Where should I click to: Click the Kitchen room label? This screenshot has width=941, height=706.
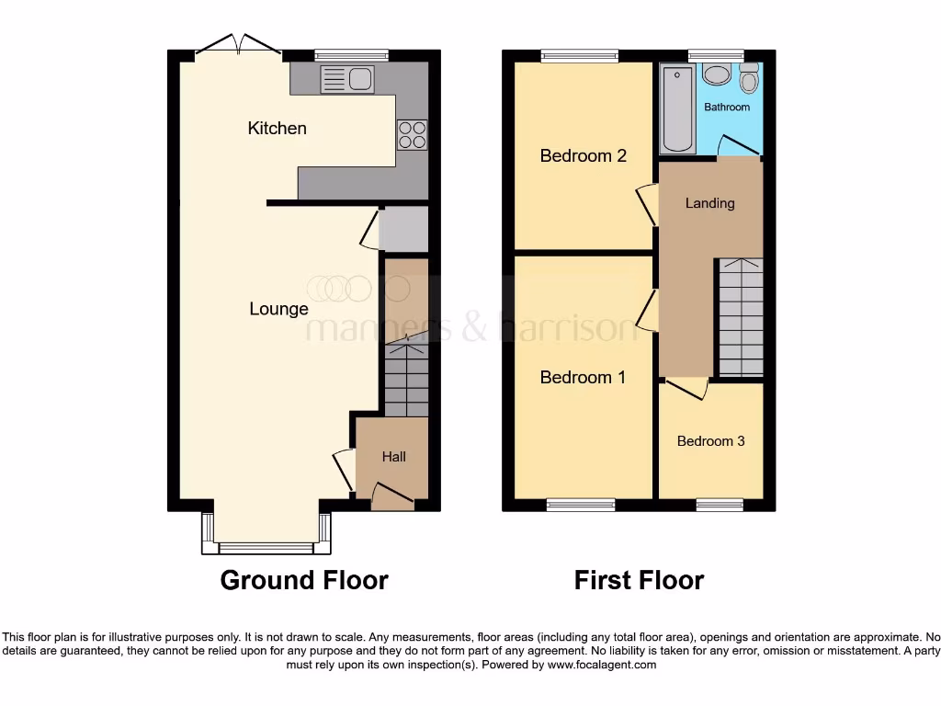pos(277,128)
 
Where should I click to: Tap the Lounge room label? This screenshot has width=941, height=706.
pos(278,309)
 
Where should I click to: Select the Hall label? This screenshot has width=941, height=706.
pos(394,456)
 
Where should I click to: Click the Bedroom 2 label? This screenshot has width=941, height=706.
pos(583,155)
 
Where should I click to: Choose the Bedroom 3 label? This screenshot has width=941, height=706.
pos(710,441)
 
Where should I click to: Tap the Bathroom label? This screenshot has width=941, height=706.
pos(726,107)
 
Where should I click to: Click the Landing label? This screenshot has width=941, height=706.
pos(709,203)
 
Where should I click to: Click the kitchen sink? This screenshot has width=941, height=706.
pos(346,79)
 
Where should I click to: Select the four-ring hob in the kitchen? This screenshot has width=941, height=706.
pos(412,134)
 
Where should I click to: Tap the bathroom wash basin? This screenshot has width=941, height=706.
pos(715,74)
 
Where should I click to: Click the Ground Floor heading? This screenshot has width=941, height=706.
pos(304,580)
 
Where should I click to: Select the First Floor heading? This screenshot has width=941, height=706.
pos(639,580)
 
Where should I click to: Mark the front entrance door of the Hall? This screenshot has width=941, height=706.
pos(392,499)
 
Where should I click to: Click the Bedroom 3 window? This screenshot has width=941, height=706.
pos(719,504)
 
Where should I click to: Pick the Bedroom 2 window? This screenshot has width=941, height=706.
pos(579,56)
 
